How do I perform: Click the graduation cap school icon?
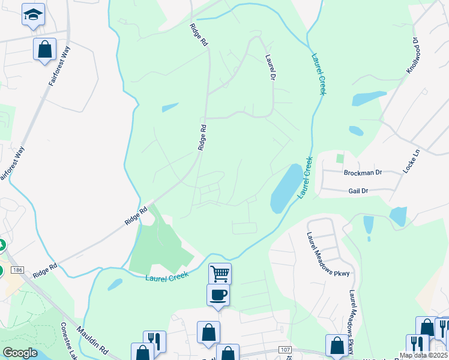click(33, 14)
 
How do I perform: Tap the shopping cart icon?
click(220, 274)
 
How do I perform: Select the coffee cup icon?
click(217, 295)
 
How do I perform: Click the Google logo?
click(20, 353)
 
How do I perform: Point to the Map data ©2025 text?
click(424, 355)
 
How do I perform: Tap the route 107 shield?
click(285, 350)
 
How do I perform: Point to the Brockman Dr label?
click(363, 173)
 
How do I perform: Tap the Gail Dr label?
click(358, 190)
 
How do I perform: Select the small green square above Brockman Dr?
click(340, 158)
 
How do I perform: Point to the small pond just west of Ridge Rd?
click(170, 108)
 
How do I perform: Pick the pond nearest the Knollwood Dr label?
click(369, 98)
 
